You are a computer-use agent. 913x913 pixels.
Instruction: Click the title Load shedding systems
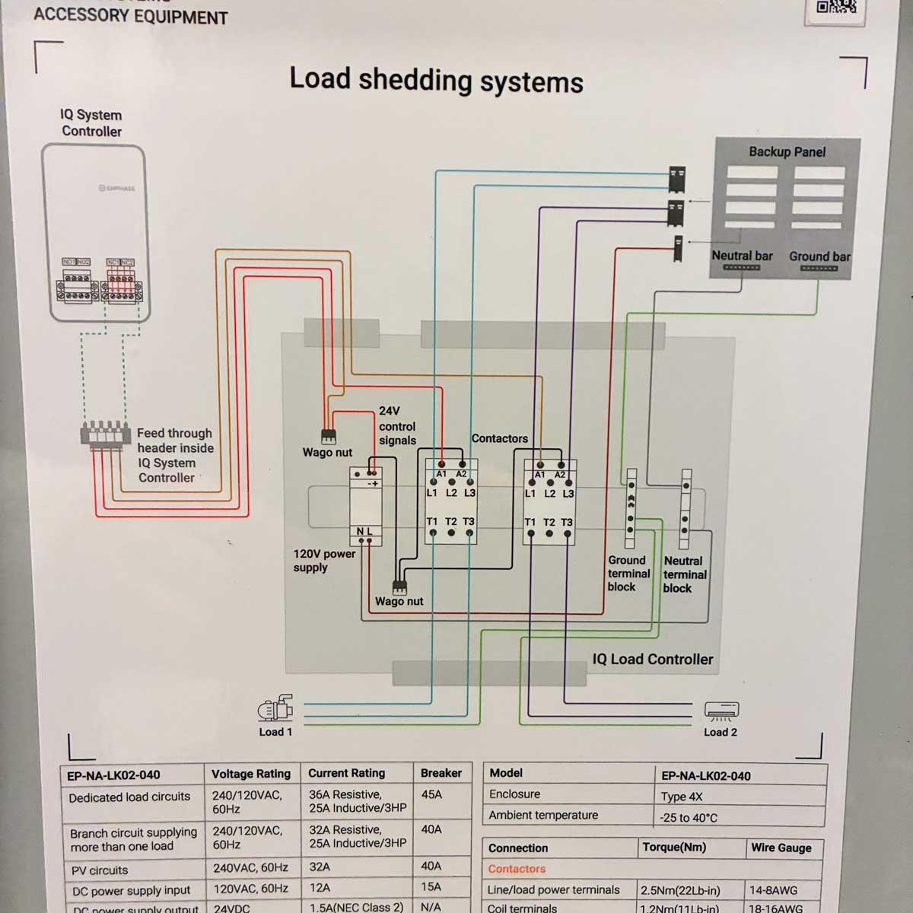(436, 80)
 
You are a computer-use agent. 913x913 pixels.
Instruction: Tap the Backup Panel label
(787, 152)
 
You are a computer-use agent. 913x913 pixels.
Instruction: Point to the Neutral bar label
(742, 256)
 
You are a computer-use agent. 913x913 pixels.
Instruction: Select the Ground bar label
(819, 256)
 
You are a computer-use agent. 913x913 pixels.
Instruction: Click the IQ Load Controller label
(653, 660)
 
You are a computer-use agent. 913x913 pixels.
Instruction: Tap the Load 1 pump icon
(275, 708)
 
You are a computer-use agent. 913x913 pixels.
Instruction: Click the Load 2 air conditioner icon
(721, 711)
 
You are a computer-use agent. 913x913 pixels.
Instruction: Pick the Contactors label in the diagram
(499, 438)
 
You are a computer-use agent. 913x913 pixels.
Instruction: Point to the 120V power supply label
(324, 561)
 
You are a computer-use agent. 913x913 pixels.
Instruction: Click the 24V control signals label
(397, 426)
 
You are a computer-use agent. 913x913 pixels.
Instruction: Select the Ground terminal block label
(628, 574)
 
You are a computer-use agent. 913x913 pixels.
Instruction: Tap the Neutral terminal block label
(684, 574)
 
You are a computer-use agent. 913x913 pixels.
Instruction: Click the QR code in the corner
(835, 8)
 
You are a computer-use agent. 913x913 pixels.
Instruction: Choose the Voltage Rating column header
(251, 774)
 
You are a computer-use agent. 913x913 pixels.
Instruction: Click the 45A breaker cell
(431, 794)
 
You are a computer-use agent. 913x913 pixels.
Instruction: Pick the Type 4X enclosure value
(682, 797)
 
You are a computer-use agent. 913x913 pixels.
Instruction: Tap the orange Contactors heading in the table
(517, 869)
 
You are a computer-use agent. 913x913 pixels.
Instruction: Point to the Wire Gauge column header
(781, 848)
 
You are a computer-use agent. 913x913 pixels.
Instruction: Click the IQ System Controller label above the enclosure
(91, 123)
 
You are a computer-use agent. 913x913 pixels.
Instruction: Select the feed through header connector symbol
(101, 434)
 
